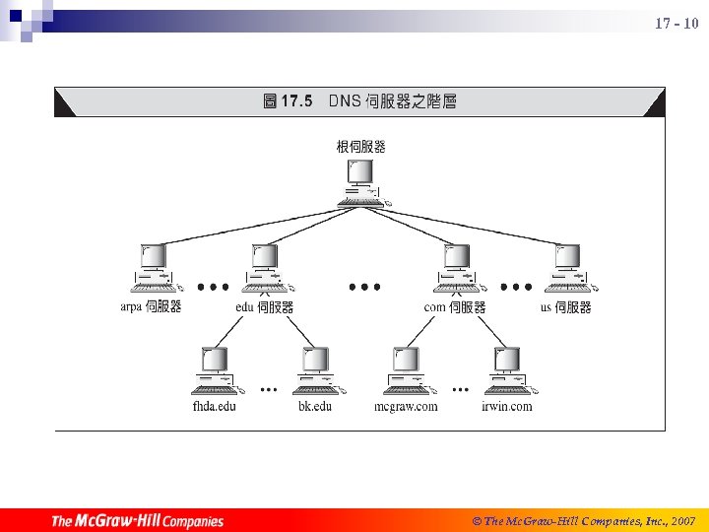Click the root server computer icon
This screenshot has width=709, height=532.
(360, 181)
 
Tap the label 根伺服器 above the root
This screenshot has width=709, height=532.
(360, 147)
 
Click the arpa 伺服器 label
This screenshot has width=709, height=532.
(151, 307)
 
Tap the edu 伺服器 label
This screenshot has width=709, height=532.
(264, 307)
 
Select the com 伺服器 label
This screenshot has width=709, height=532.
(454, 307)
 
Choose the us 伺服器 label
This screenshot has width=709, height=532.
(566, 307)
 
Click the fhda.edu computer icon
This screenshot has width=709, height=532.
(214, 370)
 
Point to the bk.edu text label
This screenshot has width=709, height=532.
(315, 406)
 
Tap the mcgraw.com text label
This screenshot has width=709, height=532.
(406, 406)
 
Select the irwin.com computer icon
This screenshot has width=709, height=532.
(506, 370)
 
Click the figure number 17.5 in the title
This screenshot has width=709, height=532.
(296, 100)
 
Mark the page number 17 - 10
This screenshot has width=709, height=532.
(677, 23)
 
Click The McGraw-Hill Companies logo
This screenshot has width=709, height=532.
(137, 521)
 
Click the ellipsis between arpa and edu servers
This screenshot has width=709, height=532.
(213, 288)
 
